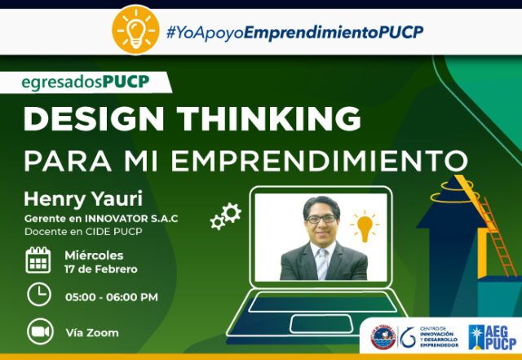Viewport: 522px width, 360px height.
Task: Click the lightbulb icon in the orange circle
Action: [x=135, y=29]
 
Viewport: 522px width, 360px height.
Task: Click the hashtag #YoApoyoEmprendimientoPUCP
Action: [x=294, y=33]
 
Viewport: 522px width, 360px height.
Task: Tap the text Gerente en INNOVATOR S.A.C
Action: [x=100, y=218]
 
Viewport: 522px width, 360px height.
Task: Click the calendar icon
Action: [x=38, y=260]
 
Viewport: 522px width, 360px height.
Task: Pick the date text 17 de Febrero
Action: [x=101, y=269]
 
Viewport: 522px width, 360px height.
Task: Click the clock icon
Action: [x=38, y=295]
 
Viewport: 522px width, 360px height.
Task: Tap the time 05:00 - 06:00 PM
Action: [x=111, y=297]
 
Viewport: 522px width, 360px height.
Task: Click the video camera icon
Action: [x=38, y=331]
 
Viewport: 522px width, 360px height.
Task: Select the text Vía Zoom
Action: [x=91, y=332]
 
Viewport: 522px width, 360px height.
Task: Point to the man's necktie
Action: [x=323, y=264]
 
